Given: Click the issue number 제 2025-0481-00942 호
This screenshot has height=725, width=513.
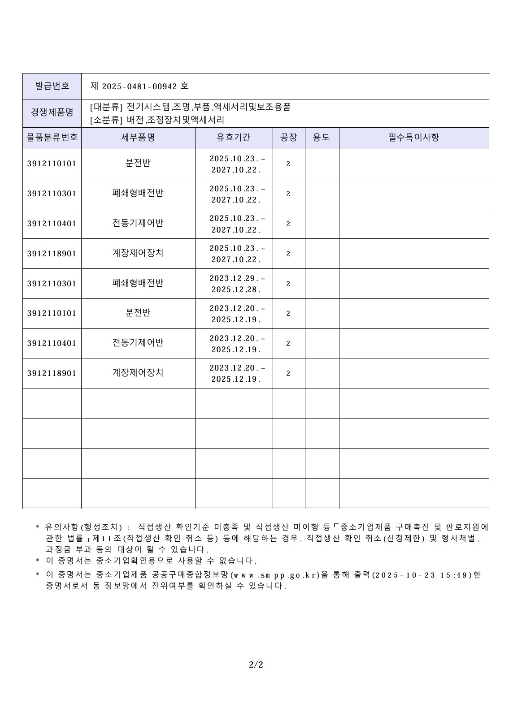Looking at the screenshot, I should coord(139,86).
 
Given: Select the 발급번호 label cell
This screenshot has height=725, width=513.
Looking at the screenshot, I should coord(52,86).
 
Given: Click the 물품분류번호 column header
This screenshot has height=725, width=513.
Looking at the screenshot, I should coord(52,138).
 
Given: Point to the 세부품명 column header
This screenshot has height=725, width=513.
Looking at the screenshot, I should coord(138,138).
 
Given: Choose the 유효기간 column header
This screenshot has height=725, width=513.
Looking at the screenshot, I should coord(234,138).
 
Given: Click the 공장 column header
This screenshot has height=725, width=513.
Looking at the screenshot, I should coord(288,138).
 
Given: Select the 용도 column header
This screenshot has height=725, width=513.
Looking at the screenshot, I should coord(322,138).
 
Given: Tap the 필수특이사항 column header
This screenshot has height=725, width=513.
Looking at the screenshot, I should coord(413,138).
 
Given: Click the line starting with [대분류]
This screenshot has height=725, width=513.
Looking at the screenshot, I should coord(190,107).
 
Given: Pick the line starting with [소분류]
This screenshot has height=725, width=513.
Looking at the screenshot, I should coord(157,120).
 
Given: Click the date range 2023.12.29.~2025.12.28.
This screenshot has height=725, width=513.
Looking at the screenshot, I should coord(236,284).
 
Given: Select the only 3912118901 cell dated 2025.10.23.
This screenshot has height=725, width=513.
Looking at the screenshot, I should coord(52,254).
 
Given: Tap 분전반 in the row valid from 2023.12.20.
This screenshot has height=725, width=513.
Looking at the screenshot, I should coord(138,313).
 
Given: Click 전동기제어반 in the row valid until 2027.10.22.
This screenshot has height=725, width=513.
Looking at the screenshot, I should coord(138,223).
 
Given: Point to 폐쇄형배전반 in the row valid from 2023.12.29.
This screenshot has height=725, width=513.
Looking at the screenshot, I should coord(138,283).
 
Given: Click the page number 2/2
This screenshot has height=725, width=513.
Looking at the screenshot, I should coord(256,665).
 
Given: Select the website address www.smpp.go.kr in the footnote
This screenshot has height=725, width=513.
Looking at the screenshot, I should coord(274,575).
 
